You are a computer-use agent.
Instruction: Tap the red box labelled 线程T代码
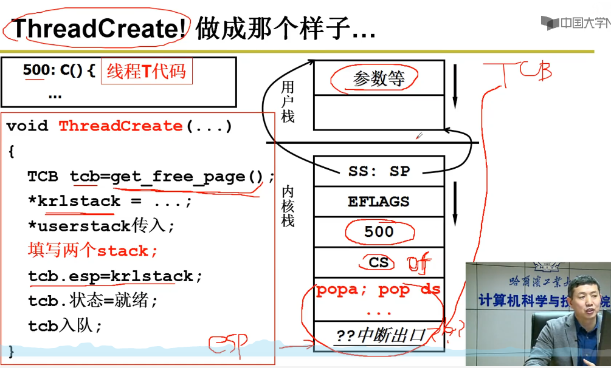146,72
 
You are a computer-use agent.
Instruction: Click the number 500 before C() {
35,70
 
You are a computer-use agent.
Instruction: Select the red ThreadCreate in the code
120,126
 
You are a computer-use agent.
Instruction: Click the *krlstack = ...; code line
110,201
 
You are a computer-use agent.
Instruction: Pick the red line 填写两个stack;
93,251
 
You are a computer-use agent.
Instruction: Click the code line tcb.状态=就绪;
93,301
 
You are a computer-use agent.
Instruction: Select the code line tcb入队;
65,325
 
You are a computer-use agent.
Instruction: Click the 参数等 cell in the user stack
378,78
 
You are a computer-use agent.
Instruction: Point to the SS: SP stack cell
379,171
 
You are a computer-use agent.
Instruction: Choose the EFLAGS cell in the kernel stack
379,202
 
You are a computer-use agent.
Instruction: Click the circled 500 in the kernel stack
379,231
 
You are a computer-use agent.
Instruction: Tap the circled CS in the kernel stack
379,262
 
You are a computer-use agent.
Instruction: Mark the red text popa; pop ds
378,290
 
